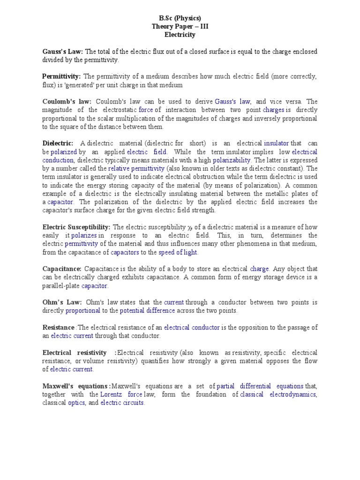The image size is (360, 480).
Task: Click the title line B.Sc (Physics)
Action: [x=180, y=18]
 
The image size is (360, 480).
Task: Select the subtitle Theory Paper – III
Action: [x=180, y=26]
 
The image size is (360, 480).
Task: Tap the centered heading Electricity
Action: [x=180, y=35]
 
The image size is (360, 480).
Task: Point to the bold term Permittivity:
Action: [x=61, y=76]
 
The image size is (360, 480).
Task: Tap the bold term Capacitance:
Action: [x=62, y=269]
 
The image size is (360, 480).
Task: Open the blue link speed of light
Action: [x=178, y=252]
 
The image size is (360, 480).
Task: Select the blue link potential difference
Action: [x=147, y=311]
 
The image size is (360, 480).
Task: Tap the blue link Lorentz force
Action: [x=122, y=394]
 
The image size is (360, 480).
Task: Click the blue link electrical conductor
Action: [x=192, y=328]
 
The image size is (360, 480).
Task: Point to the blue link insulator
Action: [x=276, y=143]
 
